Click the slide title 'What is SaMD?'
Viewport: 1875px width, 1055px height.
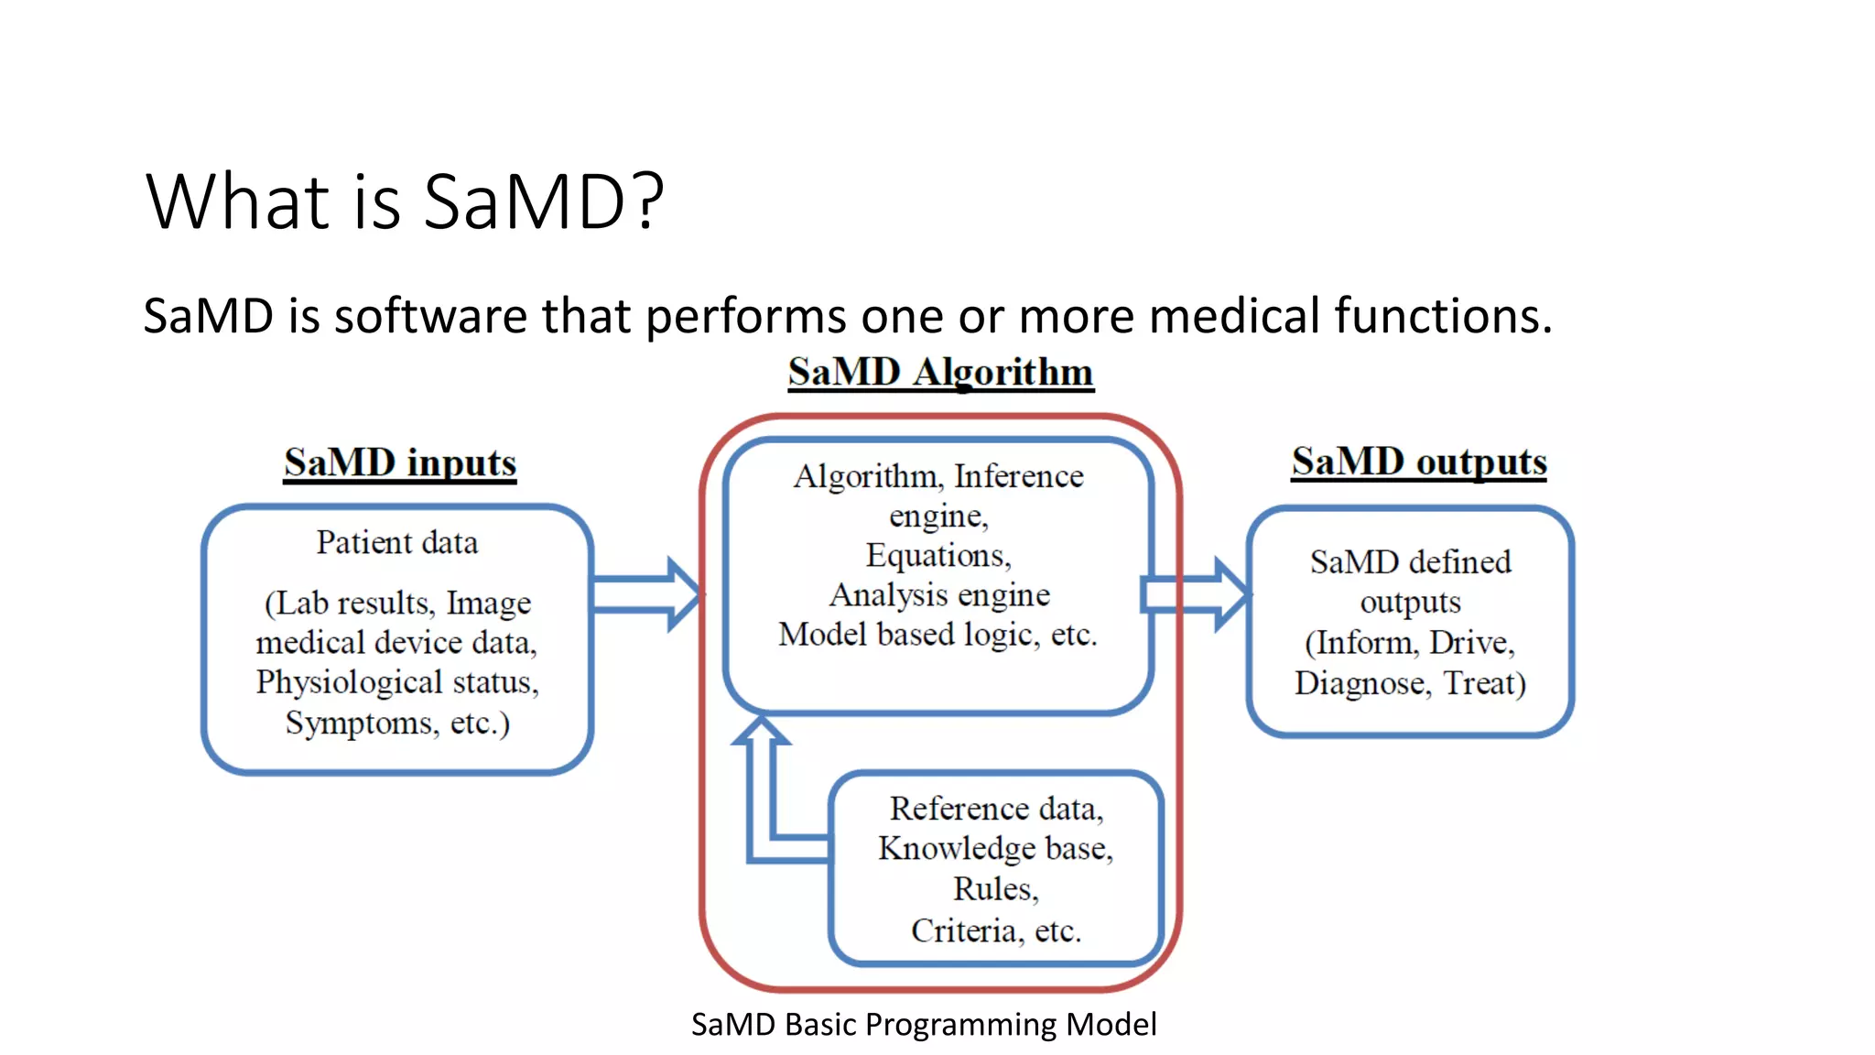click(x=404, y=201)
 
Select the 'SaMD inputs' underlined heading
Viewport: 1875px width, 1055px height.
click(x=400, y=462)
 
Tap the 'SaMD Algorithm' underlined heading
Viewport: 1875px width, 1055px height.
click(x=940, y=373)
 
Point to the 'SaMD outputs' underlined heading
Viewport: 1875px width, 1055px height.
click(x=1419, y=462)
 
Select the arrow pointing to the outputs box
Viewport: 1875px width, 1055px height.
click(x=1196, y=593)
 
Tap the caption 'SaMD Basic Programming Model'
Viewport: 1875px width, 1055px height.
click(x=924, y=1024)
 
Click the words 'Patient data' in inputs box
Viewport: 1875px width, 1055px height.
click(x=397, y=542)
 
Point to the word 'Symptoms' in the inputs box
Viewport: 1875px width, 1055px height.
click(x=362, y=723)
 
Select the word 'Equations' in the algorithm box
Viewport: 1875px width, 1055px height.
click(x=937, y=556)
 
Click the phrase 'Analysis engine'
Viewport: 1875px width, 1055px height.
click(x=939, y=595)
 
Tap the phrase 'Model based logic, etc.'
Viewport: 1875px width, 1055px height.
click(x=937, y=635)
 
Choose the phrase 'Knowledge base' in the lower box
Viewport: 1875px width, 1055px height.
click(x=992, y=849)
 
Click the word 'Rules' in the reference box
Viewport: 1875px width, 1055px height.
click(x=993, y=889)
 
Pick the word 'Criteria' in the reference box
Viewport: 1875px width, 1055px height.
click(x=963, y=931)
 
